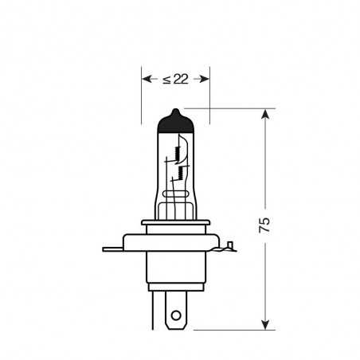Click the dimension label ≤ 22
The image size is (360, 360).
pyautogui.click(x=175, y=79)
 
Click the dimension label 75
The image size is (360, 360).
pyautogui.click(x=264, y=225)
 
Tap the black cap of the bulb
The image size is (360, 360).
pyautogui.click(x=175, y=123)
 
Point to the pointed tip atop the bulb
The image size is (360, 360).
pyautogui.click(x=175, y=109)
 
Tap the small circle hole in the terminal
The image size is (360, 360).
pyautogui.click(x=176, y=315)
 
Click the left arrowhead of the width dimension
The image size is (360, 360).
pyautogui.click(x=147, y=79)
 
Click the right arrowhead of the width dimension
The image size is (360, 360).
pyautogui.click(x=205, y=79)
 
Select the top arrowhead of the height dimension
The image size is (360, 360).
pyautogui.click(x=265, y=114)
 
